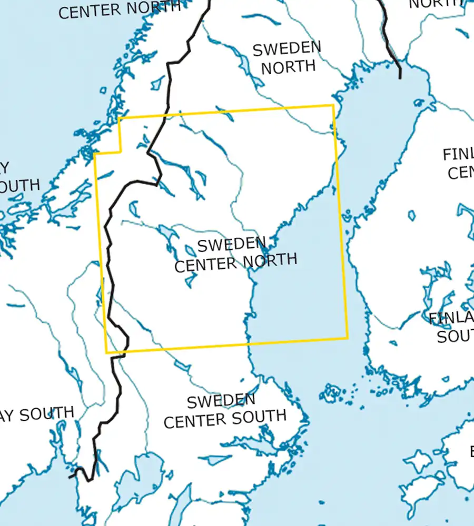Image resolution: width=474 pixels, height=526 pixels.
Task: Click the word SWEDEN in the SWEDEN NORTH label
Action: tap(287, 49)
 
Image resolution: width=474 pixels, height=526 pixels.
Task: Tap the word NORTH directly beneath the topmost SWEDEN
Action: tap(288, 67)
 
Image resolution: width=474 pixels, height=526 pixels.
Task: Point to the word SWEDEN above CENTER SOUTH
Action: tap(221, 401)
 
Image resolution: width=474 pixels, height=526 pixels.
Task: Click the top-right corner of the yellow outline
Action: tap(333, 105)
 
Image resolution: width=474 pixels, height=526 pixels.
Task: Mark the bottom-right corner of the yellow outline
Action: tap(348, 338)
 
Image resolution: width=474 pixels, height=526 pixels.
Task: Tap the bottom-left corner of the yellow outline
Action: tap(106, 352)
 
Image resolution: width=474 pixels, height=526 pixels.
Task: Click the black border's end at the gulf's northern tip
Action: tap(400, 77)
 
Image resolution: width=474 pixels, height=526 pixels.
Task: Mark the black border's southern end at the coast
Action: tap(71, 477)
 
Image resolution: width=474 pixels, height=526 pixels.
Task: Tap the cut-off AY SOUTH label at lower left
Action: tap(37, 414)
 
